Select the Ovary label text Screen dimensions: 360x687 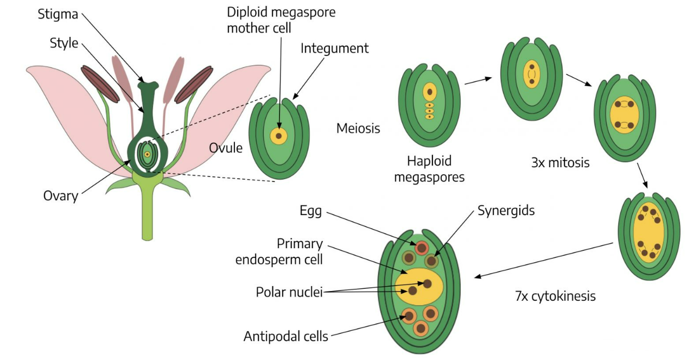point(60,195)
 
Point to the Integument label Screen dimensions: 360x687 point(334,48)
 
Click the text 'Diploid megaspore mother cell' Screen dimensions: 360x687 point(281,20)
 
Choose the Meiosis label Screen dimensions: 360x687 point(358,129)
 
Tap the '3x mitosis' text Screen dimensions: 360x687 point(561,162)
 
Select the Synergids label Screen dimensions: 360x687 point(506,211)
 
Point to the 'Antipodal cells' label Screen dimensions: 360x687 point(285,337)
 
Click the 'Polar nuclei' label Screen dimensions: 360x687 point(289,293)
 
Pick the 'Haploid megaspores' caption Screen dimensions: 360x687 point(429,169)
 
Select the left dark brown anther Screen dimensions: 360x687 point(100,84)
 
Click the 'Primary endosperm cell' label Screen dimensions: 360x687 point(279,251)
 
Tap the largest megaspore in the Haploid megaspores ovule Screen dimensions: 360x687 point(429,91)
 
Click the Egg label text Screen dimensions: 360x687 point(310,211)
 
